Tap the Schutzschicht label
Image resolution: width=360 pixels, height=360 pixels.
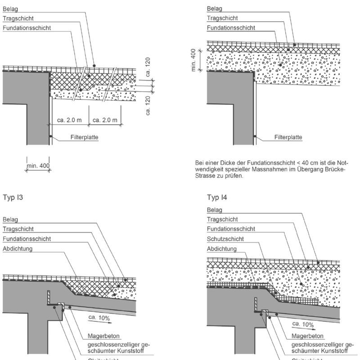225,239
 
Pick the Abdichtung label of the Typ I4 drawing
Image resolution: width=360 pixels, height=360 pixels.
221,248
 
